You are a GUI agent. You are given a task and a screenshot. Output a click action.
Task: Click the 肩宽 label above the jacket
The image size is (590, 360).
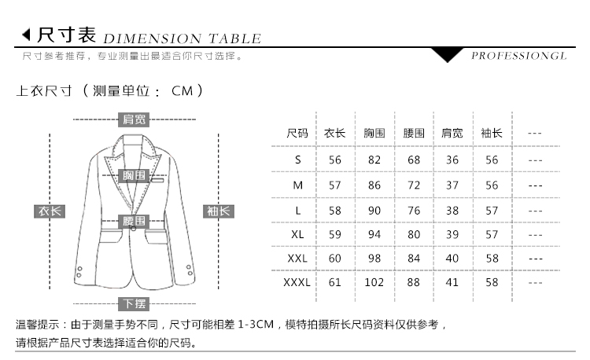coord(134,119)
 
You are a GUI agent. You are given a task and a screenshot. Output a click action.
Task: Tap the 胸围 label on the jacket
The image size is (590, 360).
coord(134,175)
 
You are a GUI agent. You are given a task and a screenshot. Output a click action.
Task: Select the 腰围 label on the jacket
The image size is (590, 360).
coord(134,221)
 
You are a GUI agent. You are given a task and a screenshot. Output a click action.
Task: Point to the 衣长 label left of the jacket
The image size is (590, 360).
coord(50,211)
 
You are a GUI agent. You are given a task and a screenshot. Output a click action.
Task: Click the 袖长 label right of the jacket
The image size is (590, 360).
coord(219,211)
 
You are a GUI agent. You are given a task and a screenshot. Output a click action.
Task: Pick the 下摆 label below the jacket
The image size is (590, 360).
coord(134,303)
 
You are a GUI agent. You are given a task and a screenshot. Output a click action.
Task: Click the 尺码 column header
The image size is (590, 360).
coord(297,133)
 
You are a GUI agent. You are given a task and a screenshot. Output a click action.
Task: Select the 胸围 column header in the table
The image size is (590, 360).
coord(374,133)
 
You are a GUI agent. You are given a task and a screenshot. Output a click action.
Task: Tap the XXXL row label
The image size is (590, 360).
coord(297,282)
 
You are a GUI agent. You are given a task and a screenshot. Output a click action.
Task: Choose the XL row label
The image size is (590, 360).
coord(297,234)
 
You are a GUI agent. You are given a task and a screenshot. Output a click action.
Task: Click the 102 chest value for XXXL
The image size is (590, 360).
coord(374,282)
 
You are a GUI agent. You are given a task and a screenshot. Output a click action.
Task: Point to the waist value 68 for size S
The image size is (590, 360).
coord(414,160)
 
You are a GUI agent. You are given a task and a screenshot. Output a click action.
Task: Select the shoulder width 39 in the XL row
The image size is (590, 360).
coord(452,234)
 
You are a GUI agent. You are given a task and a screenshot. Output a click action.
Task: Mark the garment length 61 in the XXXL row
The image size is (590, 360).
coord(334,282)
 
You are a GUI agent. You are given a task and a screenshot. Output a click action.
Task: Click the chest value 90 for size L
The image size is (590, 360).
coord(374,211)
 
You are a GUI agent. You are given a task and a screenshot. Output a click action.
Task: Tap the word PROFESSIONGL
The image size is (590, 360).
coord(519,56)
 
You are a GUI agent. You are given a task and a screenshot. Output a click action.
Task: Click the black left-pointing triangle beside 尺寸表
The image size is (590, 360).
coord(26,35)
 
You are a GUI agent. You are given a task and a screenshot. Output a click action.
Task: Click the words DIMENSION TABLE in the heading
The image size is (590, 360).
coord(183,39)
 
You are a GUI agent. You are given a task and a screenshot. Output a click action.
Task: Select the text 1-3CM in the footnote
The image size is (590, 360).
coord(256,324)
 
